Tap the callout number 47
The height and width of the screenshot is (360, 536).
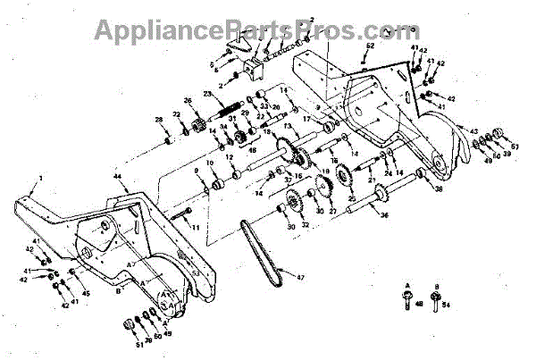click(300, 278)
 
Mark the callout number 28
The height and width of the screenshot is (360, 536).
click(158, 121)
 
